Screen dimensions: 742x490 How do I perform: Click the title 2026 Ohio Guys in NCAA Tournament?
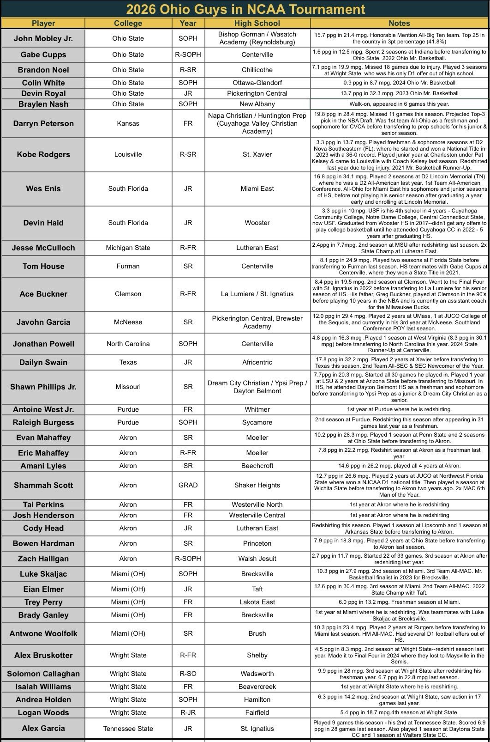click(x=245, y=9)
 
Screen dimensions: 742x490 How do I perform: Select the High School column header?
click(x=257, y=23)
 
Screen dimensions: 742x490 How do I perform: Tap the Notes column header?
click(x=399, y=23)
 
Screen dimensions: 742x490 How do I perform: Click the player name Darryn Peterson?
click(x=43, y=123)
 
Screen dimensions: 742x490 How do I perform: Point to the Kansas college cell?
click(x=128, y=123)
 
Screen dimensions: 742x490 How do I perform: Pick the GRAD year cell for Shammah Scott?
click(x=188, y=485)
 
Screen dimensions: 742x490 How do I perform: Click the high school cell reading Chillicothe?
click(x=257, y=70)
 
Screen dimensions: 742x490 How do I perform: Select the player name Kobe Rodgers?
click(x=43, y=154)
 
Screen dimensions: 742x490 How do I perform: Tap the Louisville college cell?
click(x=128, y=154)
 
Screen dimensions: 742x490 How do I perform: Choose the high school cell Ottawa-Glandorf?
click(x=257, y=83)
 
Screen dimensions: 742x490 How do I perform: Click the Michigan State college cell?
click(x=128, y=248)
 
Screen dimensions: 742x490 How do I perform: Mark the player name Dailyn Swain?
click(x=43, y=362)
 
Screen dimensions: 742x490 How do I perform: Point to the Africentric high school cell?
click(x=257, y=362)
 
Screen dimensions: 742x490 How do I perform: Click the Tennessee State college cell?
click(x=128, y=729)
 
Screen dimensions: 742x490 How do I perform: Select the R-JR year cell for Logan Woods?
click(x=188, y=712)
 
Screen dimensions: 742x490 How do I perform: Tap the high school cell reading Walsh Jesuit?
click(x=257, y=559)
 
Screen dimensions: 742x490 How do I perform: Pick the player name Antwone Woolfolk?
click(x=43, y=633)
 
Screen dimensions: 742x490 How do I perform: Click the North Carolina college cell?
click(x=128, y=344)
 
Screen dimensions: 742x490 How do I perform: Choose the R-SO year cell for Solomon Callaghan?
click(x=188, y=674)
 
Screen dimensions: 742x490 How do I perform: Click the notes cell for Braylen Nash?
click(x=399, y=104)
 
